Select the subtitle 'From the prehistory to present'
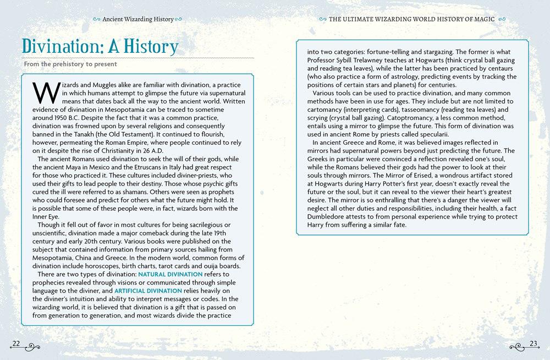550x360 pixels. (70, 64)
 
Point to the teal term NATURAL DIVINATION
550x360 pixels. (170, 274)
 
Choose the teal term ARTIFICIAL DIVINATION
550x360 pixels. (148, 291)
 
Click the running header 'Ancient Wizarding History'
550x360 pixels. (138, 19)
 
